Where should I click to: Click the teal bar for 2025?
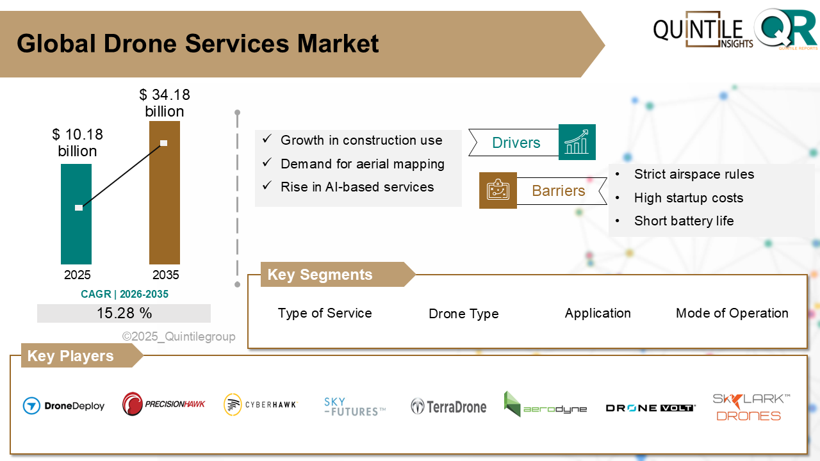coord(76,230)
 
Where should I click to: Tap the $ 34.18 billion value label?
coord(165,103)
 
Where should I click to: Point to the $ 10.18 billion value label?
coord(78,143)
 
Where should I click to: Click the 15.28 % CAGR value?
coord(124,313)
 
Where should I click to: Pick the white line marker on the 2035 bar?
coord(164,143)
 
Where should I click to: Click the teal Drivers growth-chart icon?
coord(577,142)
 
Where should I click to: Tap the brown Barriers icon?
coord(498,190)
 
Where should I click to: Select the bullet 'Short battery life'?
coord(684,221)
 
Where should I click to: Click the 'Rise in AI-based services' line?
coord(357,187)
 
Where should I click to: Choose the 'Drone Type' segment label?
coord(463,314)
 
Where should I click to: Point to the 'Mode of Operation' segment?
coord(732,313)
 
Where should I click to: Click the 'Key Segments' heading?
coord(320,275)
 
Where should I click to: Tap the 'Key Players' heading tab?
coord(70,356)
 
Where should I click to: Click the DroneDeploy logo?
coord(63,405)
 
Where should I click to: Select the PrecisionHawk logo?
coord(164,404)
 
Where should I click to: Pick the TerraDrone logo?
coord(448,406)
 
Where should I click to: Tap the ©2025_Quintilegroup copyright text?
coord(179,336)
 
